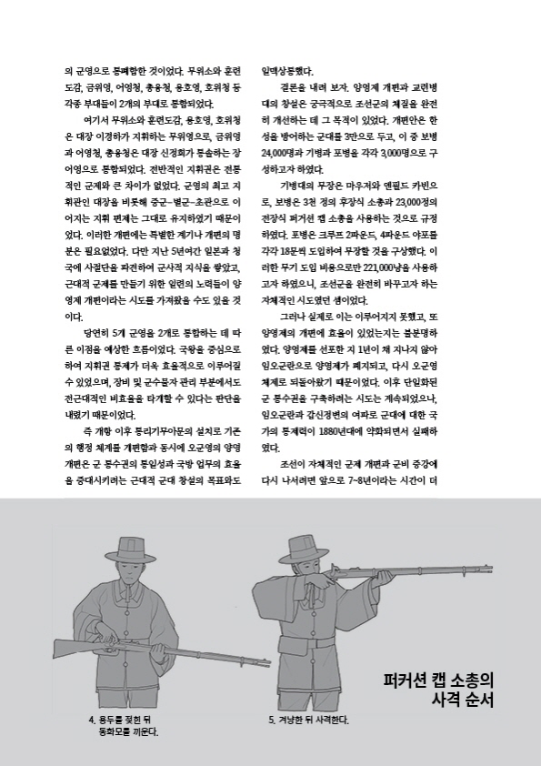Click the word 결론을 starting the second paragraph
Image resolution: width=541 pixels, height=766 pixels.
(x=297, y=93)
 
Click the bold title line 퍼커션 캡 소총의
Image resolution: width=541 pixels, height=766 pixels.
(x=438, y=681)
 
